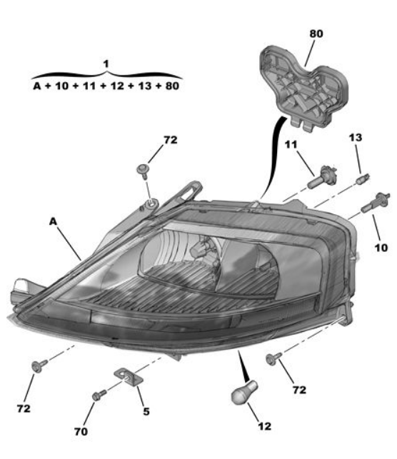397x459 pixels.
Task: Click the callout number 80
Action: [316, 34]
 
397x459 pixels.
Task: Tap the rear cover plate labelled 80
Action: [303, 88]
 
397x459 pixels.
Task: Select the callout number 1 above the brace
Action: [106, 64]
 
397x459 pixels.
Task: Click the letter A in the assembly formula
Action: [37, 86]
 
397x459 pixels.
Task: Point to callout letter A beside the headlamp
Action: [53, 221]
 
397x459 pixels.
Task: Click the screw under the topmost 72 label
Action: [144, 171]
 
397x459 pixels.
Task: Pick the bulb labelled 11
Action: [322, 178]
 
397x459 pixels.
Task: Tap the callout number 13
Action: [356, 138]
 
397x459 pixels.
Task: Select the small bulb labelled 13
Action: [363, 178]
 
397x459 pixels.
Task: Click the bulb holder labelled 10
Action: [376, 202]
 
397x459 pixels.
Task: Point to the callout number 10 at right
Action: [381, 248]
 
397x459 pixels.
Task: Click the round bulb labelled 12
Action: [244, 393]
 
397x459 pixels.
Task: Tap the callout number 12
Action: [265, 426]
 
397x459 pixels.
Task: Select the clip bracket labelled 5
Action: [129, 378]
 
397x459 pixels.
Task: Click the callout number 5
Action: [146, 412]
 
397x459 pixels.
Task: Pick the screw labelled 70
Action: [99, 395]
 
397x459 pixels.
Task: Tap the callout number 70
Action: [81, 431]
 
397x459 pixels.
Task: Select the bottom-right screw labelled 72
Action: [273, 358]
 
